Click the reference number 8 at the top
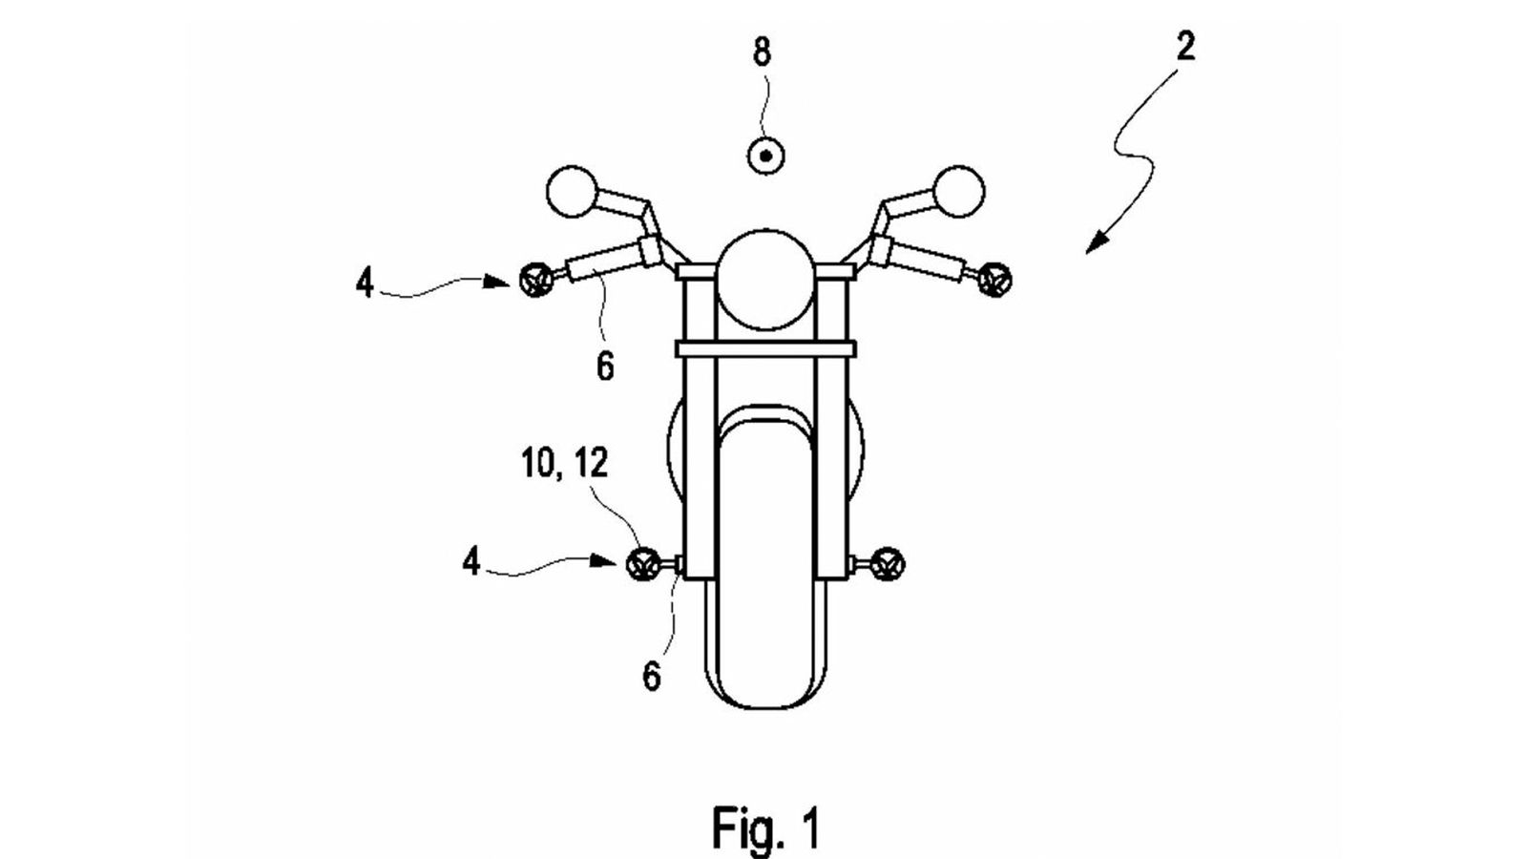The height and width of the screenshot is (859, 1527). tap(762, 53)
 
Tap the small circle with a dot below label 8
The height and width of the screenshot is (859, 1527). tap(764, 155)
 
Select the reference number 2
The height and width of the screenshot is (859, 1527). tap(1184, 46)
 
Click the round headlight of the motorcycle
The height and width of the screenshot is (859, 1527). tap(765, 277)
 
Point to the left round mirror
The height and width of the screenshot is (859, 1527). tap(570, 191)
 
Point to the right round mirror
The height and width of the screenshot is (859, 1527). tap(958, 191)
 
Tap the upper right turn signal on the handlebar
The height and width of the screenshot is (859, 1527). tap(997, 278)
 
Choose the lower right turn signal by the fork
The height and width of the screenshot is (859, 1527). tap(889, 564)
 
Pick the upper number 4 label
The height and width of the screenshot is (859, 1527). tap(366, 283)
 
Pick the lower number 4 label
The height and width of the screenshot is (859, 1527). tap(471, 562)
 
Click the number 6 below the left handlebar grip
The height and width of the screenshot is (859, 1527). tap(605, 366)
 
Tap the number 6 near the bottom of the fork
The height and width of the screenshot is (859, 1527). tap(652, 676)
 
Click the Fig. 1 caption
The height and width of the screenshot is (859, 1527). tap(764, 827)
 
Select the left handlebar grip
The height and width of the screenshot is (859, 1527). tap(601, 262)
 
